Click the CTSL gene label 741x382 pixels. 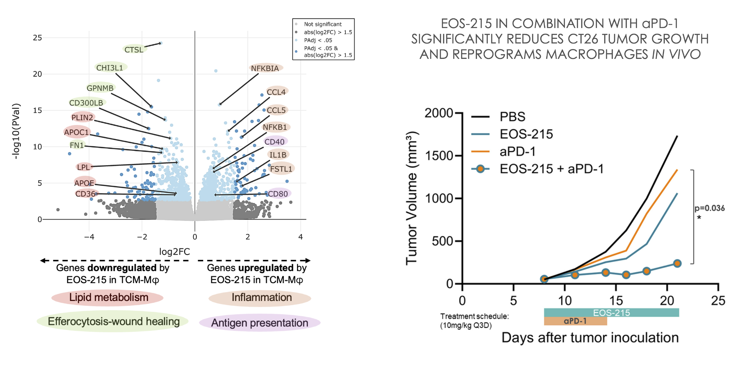[134, 50]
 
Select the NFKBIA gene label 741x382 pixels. [265, 68]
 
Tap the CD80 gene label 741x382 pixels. [278, 194]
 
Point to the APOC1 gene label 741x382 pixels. [76, 132]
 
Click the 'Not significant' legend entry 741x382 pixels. [322, 24]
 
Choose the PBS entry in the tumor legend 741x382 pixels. [512, 117]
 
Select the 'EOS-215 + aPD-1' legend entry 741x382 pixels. [551, 169]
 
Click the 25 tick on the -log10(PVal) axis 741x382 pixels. [37, 38]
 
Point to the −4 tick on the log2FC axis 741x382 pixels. [89, 237]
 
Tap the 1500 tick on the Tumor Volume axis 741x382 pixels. [439, 156]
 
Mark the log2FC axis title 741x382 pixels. [175, 252]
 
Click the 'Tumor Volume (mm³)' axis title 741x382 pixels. [412, 198]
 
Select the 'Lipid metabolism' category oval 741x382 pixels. [109, 297]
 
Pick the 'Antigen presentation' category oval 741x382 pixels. [260, 323]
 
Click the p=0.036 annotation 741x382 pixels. [709, 208]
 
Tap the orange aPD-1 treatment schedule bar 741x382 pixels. [575, 321]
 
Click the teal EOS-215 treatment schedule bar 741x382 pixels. [611, 313]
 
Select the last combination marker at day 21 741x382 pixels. [677, 264]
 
